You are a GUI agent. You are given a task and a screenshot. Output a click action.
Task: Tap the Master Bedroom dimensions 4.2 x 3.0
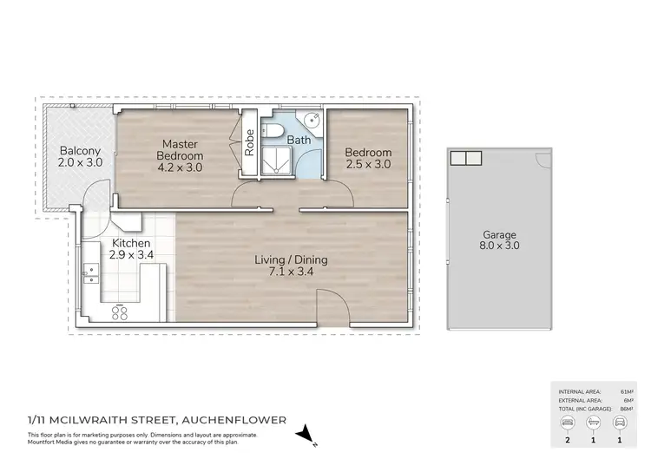179,167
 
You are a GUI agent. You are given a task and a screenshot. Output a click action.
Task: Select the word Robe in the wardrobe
250,141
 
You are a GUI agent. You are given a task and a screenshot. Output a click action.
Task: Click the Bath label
299,139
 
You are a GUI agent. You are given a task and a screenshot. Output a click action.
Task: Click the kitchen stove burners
121,311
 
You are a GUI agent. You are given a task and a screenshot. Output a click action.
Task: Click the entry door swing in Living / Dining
330,308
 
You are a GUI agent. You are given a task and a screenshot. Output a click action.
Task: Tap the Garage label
499,234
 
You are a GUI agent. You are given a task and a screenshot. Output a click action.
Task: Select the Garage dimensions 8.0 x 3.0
499,246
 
